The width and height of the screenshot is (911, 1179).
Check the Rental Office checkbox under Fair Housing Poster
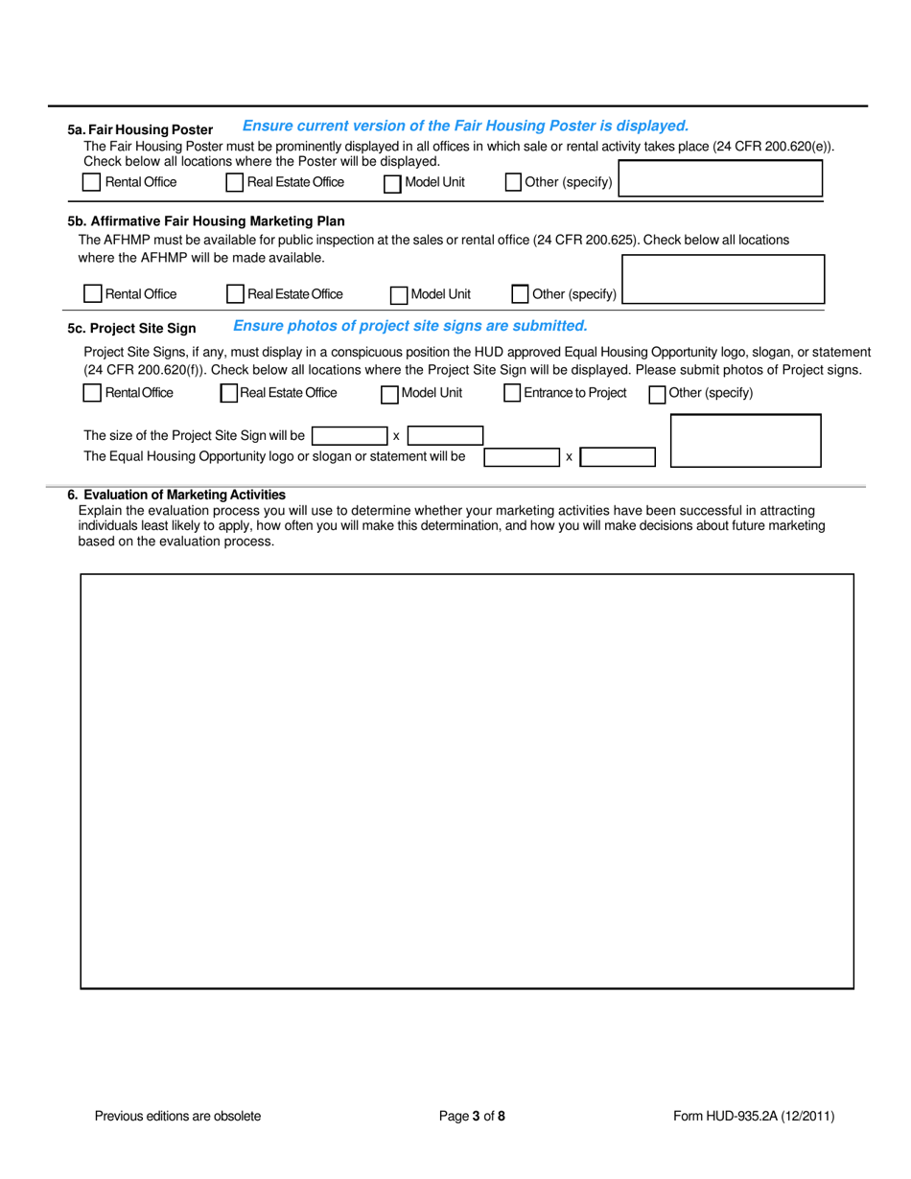click(91, 182)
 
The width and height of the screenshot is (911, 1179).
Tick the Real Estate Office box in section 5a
click(234, 182)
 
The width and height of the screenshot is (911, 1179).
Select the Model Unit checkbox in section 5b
click(399, 294)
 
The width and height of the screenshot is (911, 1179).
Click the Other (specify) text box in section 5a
click(720, 179)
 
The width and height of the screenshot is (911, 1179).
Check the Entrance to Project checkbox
click(512, 393)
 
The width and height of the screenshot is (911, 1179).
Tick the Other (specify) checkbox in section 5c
click(657, 394)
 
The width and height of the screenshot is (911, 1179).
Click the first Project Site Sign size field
click(349, 436)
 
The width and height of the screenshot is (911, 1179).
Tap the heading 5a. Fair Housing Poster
click(140, 129)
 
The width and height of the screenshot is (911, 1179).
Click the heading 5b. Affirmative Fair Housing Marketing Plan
click(206, 220)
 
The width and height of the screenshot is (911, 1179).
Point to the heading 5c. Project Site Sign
click(131, 328)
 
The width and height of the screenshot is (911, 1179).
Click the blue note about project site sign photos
click(409, 326)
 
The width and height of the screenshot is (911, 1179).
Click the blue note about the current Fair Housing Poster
click(465, 126)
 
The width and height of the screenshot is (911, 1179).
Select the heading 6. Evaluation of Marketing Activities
click(176, 495)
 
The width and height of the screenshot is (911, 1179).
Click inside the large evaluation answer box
click(466, 780)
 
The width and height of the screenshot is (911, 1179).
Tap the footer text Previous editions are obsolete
click(177, 1116)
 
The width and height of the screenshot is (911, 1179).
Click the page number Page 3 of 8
click(472, 1116)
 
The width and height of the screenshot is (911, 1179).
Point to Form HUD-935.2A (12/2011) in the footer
click(754, 1116)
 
